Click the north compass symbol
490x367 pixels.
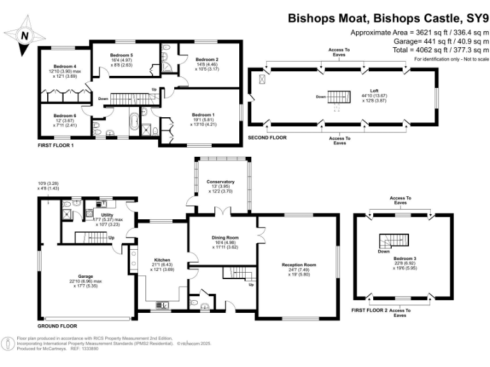tap(24, 35)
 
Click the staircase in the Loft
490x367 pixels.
tap(339, 97)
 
